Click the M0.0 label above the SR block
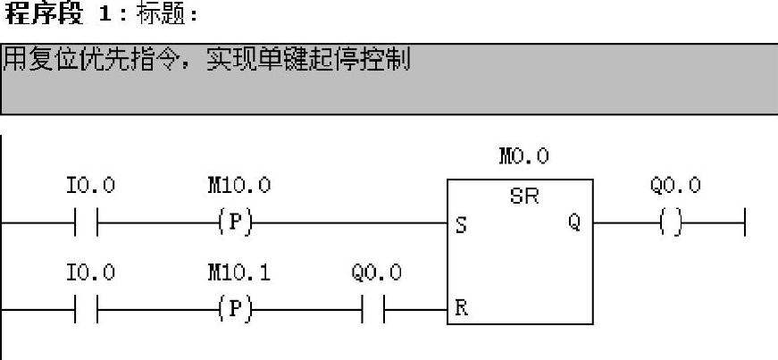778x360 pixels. tap(524, 157)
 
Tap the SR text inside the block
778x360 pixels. tap(524, 197)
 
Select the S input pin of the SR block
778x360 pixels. tap(460, 226)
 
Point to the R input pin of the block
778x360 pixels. tap(460, 310)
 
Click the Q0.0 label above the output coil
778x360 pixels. tap(675, 186)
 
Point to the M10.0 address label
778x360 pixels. tap(238, 186)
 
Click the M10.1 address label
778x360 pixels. tap(238, 272)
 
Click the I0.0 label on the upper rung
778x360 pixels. tap(90, 186)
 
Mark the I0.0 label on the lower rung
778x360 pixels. tap(90, 272)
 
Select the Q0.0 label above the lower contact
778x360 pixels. tap(376, 272)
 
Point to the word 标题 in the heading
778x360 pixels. tap(163, 15)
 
